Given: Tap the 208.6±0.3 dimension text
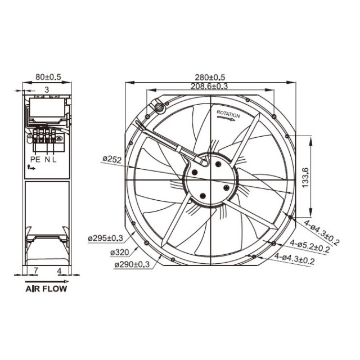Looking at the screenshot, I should (x=209, y=86).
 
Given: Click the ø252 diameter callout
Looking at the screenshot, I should (x=112, y=160).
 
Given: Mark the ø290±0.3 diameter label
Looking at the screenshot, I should (x=133, y=264).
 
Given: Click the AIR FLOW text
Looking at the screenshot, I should (x=46, y=290).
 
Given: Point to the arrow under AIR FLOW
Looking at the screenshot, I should (x=46, y=281).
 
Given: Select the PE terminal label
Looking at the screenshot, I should (x=34, y=160).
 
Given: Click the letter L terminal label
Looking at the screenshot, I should (x=55, y=160).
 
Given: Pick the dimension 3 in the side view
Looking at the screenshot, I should (x=47, y=89).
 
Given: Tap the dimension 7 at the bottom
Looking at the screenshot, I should (x=35, y=271).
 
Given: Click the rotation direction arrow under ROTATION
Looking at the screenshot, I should (x=228, y=120).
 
